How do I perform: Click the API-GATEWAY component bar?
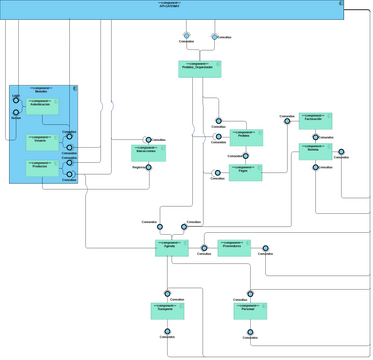170,10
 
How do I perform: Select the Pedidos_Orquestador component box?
199,69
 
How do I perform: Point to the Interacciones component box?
148,153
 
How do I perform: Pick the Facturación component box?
315,121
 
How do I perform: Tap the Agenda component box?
172,247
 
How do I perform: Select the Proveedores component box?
234,247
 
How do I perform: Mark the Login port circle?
16,100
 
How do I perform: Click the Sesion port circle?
16,113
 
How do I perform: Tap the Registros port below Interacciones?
148,167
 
